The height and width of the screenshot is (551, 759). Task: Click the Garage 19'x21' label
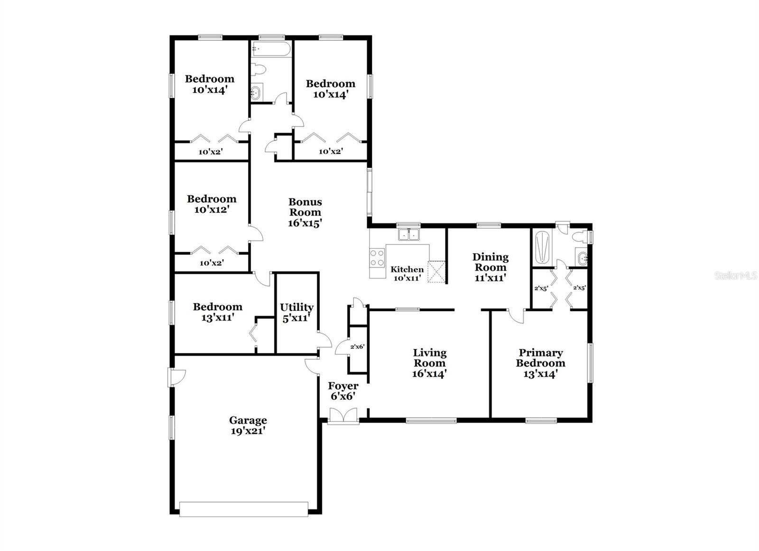coord(248,425)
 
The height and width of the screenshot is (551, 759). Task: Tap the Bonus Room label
coord(305,212)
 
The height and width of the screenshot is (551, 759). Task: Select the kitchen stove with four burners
coord(377,258)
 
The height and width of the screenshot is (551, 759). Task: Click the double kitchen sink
coord(408,234)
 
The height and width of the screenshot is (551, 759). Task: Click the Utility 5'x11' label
coord(296,313)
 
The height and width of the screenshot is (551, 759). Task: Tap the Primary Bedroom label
coord(540,363)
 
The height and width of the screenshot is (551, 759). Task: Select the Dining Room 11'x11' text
coord(491,267)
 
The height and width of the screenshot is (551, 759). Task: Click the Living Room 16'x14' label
coord(429,363)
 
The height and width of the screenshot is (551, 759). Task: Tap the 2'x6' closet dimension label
coord(357,347)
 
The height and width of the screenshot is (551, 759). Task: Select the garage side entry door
coord(176,377)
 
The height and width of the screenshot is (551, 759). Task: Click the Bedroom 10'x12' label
coord(211,204)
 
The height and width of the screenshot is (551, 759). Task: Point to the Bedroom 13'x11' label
coord(217,312)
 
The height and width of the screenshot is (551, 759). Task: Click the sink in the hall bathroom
coord(256,92)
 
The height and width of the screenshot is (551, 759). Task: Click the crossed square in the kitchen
coord(436,271)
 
